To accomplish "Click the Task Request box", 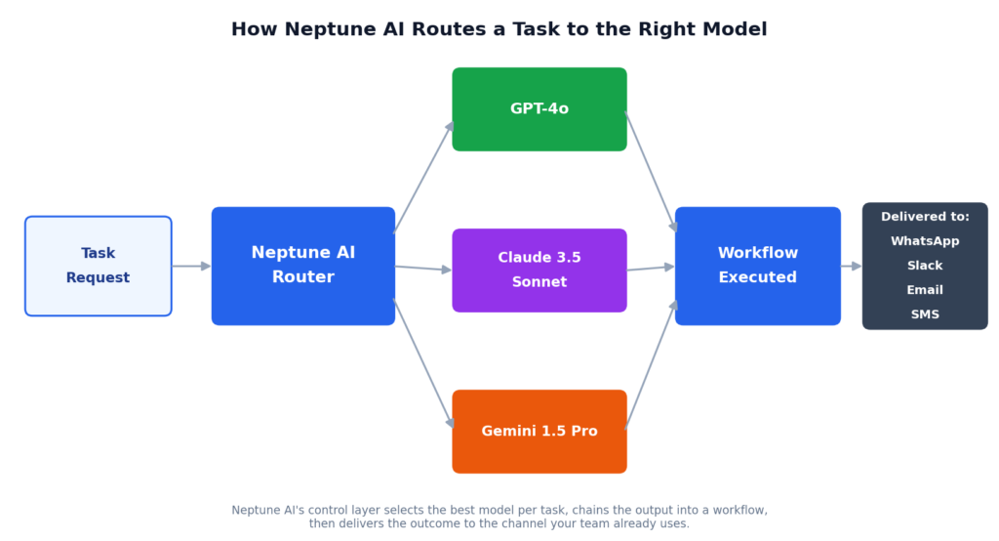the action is point(99,266).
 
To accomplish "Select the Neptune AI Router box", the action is point(303,266).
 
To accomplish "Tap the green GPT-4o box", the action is point(539,109).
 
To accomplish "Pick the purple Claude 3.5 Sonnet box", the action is point(539,270).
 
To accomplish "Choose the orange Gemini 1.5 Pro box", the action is point(539,432).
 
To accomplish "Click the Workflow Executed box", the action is point(757,266).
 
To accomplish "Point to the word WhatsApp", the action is point(925,241).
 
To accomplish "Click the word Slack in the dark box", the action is point(925,266).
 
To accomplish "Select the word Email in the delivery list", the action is point(925,290).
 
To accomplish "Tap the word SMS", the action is point(925,313).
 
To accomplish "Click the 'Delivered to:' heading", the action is point(925,217).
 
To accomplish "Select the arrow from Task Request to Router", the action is point(191,266).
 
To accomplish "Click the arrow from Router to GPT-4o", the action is point(423,177).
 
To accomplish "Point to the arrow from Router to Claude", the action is point(423,269).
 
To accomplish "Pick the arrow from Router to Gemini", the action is point(423,363).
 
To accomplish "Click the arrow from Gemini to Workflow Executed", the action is point(651,364).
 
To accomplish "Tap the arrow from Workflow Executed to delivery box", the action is point(851,266).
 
